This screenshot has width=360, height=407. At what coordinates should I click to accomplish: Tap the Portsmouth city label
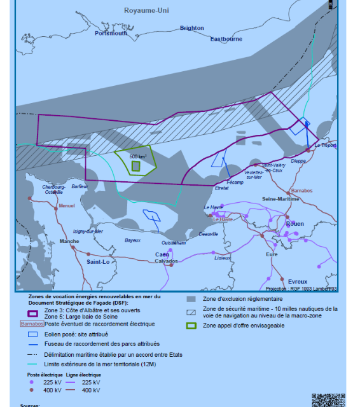click(x=111, y=33)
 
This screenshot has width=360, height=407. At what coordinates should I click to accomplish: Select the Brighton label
click(x=192, y=28)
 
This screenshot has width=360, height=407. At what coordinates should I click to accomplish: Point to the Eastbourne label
click(x=226, y=39)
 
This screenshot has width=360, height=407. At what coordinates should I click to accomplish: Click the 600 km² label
click(x=137, y=156)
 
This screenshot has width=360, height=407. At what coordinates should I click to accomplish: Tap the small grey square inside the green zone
click(x=135, y=166)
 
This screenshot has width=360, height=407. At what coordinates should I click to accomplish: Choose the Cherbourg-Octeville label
click(x=53, y=190)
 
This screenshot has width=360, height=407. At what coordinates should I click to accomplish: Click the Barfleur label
click(x=80, y=186)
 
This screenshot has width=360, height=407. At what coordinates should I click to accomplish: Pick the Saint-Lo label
click(x=99, y=261)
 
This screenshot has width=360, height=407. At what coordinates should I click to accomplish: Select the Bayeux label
click(x=132, y=240)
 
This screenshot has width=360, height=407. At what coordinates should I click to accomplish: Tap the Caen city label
click(x=162, y=254)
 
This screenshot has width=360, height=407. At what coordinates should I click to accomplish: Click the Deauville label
click(x=208, y=234)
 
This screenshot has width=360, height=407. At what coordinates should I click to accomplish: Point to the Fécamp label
click(x=235, y=183)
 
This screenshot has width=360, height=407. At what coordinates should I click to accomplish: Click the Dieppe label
click(x=298, y=162)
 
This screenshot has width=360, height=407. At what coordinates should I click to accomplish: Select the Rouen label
click(x=296, y=224)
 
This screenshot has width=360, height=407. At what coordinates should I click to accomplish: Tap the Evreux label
click(x=297, y=281)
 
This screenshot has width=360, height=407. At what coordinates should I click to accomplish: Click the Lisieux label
click(x=222, y=258)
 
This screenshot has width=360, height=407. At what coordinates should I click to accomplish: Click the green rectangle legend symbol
click(x=191, y=326)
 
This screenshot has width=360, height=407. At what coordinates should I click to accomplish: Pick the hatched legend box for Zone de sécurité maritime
click(x=191, y=312)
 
